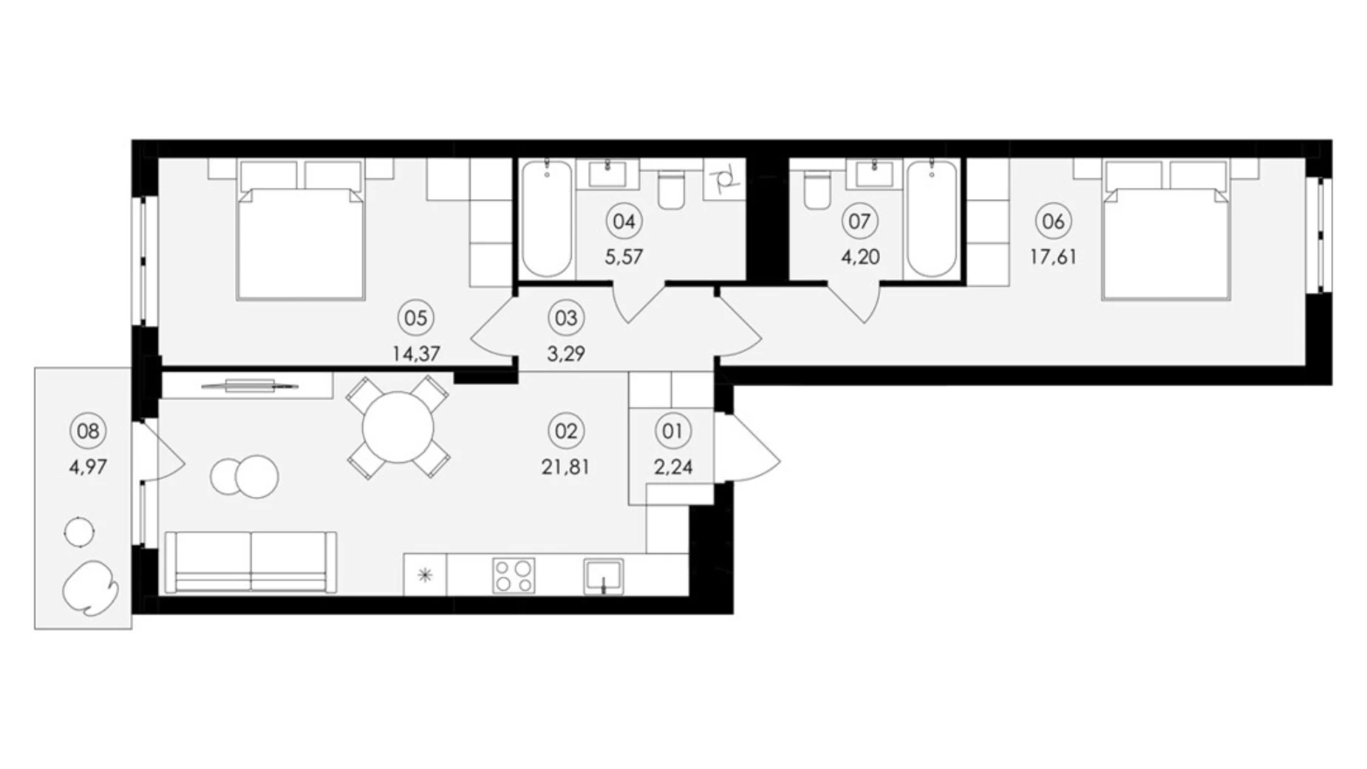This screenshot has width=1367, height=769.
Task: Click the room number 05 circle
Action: coord(415,318)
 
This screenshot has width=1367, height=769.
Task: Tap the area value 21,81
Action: coord(565,467)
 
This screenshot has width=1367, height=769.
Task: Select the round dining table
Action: coord(398,427)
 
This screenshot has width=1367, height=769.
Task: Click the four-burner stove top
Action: coord(514,575)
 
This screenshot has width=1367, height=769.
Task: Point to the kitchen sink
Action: coord(604,576)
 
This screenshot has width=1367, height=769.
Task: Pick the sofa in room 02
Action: coord(250,562)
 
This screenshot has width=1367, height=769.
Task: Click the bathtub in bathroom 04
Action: coord(547,219)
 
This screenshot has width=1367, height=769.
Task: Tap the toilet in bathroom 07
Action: coord(817,189)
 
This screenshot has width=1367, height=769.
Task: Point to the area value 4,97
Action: coord(88,467)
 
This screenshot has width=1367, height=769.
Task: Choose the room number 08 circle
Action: coord(88,430)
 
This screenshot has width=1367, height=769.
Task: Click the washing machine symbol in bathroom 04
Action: coord(724,178)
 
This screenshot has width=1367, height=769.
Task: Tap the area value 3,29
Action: coord(566,353)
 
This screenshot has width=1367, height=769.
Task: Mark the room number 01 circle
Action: coord(672,430)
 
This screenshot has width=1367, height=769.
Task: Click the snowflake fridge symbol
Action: coord(425,575)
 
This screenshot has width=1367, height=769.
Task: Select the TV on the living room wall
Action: coord(250,385)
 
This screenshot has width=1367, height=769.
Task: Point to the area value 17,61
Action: coord(1053,257)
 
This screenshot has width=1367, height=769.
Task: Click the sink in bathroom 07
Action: coord(874,175)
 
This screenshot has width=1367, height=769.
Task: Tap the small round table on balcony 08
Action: coord(79,531)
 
